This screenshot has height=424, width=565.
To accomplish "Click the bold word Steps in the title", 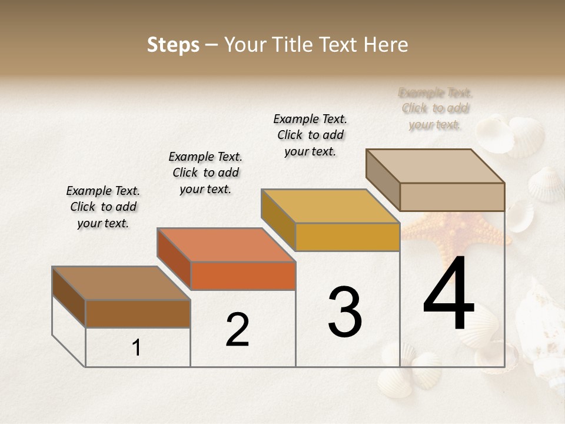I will click(x=173, y=45).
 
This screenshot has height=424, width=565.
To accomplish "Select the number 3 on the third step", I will click(x=345, y=312).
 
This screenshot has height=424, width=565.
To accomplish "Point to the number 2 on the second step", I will click(x=237, y=330).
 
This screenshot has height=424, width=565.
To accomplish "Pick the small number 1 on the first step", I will click(x=137, y=348).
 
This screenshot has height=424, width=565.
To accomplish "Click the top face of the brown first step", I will click(x=121, y=283).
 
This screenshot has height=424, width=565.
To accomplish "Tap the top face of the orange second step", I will click(x=226, y=245).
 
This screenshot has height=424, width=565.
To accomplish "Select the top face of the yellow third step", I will click(x=330, y=206).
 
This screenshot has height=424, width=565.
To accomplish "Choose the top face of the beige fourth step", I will click(x=435, y=166).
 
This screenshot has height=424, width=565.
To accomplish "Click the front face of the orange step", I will click(x=243, y=276).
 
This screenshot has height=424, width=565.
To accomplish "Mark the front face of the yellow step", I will click(x=347, y=237).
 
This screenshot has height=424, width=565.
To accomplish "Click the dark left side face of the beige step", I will click(x=383, y=180).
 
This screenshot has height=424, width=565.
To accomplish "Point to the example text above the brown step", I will click(x=103, y=207).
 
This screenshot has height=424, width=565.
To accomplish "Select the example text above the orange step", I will click(x=205, y=173).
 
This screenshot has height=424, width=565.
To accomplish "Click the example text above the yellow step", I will click(x=310, y=135).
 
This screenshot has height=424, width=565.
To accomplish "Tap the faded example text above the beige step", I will click(x=436, y=108).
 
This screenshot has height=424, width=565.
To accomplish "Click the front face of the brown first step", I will click(x=138, y=313).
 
